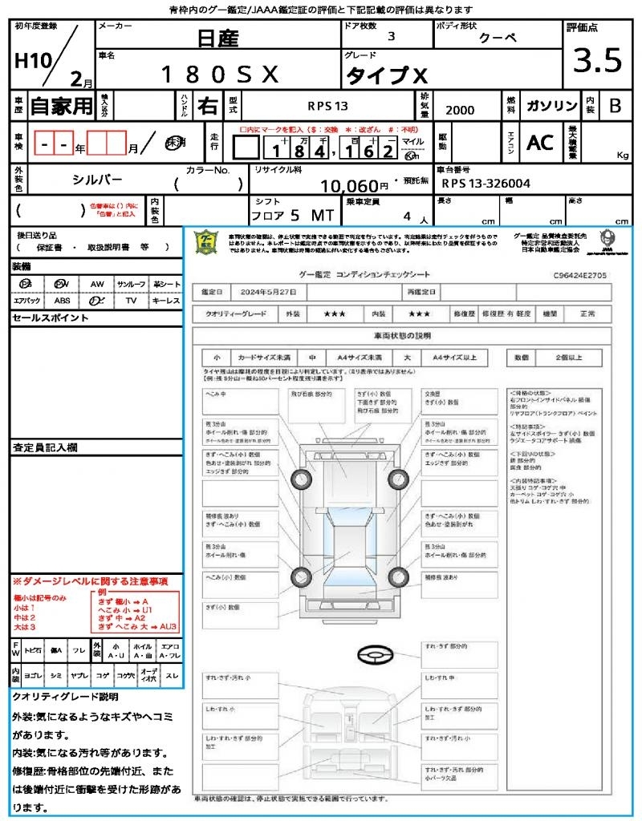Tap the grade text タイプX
(387, 76)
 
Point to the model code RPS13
(327, 106)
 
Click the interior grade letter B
(615, 106)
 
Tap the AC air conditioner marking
(540, 143)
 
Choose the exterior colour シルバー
(97, 181)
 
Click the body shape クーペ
(498, 38)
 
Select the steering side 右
(208, 106)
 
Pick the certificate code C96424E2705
(579, 275)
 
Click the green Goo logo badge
(205, 241)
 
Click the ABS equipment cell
(62, 301)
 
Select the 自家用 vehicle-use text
(61, 106)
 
